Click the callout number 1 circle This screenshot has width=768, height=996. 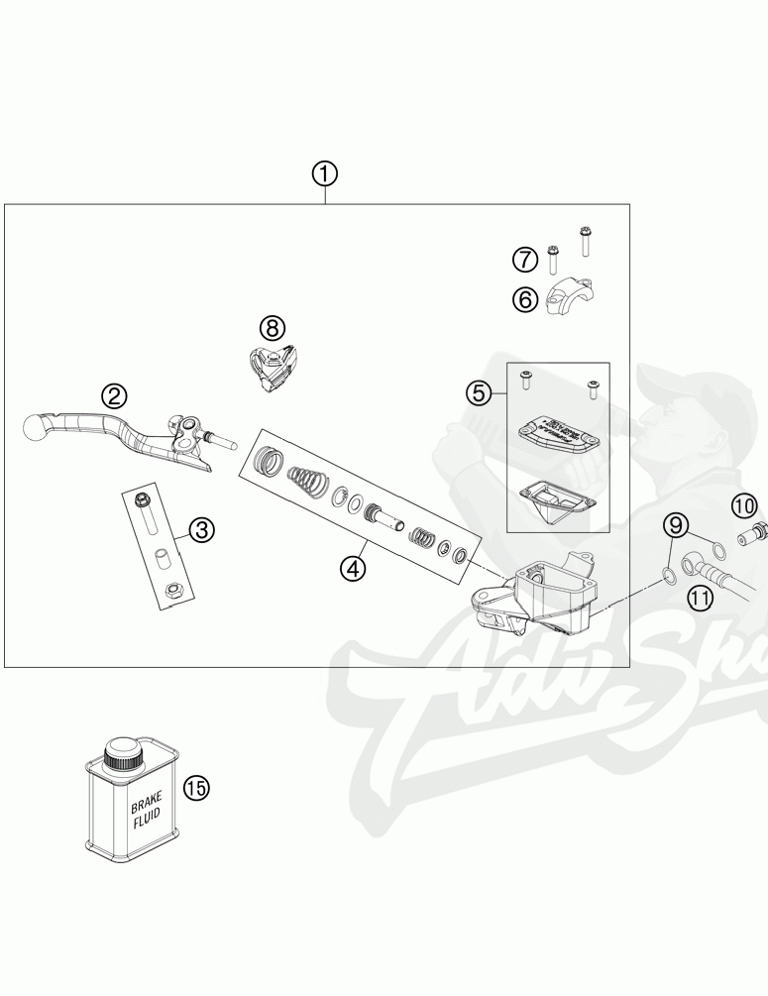tap(325, 174)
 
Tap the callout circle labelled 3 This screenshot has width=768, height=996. tap(201, 530)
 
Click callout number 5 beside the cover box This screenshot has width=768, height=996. tap(480, 393)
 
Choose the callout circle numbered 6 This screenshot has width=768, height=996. tap(525, 298)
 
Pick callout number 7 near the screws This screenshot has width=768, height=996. tap(525, 261)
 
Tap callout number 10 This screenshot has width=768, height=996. tap(745, 506)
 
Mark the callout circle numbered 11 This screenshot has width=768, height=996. tap(701, 597)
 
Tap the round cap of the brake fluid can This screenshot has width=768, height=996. tap(125, 751)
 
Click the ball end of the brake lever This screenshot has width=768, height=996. tap(35, 430)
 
